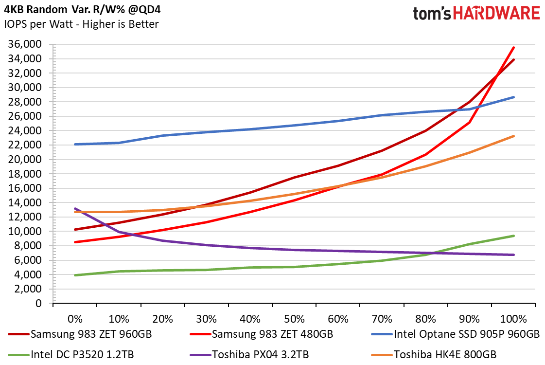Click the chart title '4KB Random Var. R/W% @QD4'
point(82,9)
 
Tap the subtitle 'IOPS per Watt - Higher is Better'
point(81,24)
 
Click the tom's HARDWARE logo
point(476,14)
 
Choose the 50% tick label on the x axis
point(294,319)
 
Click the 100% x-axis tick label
point(513,319)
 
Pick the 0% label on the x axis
point(75,319)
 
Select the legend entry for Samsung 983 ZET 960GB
point(80,334)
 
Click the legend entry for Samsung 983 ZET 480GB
point(262,334)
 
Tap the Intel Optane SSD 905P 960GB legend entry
point(456,334)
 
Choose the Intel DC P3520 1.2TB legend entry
point(71,355)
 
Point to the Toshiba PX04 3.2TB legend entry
point(249,355)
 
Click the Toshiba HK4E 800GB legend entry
point(434,355)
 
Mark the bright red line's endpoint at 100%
point(514,47)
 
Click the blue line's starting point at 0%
point(75,144)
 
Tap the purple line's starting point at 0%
point(75,208)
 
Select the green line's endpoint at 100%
point(514,236)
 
